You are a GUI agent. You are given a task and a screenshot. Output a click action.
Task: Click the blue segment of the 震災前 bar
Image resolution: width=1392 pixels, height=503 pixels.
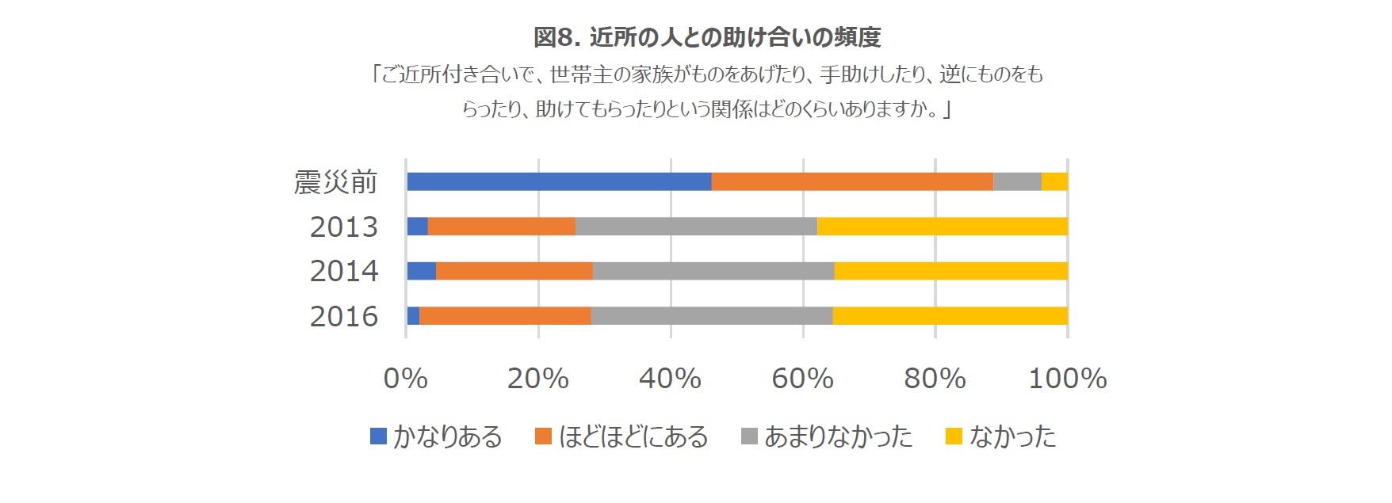click(559, 181)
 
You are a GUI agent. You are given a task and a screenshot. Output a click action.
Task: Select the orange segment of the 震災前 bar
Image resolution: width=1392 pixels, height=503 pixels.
click(852, 181)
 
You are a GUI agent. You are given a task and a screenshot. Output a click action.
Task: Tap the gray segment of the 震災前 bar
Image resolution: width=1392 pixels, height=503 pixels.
click(1017, 181)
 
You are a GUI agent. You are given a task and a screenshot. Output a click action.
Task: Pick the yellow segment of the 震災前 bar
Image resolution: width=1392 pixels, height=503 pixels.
click(1054, 181)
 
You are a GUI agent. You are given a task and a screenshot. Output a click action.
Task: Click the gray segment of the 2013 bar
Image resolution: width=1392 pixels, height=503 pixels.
click(696, 226)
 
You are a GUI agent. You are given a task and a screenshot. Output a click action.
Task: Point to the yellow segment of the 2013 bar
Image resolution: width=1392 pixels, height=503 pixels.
click(942, 226)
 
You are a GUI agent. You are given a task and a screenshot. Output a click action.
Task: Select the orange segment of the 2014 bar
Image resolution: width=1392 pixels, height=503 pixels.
click(514, 271)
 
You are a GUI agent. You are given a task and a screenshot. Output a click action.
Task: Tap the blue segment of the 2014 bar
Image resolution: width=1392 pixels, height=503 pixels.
click(421, 271)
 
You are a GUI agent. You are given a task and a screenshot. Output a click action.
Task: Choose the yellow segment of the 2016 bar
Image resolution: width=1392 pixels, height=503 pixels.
click(950, 315)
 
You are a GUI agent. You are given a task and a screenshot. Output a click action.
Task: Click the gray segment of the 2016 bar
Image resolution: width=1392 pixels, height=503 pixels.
click(711, 315)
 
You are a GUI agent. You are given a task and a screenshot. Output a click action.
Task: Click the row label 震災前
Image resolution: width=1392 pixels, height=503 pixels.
click(335, 182)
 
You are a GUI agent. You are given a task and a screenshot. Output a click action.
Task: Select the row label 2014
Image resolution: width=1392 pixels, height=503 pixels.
click(343, 272)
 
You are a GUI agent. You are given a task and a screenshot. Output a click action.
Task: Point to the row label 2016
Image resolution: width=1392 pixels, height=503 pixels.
click(343, 316)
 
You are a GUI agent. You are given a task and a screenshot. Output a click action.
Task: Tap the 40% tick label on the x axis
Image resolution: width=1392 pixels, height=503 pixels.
click(670, 379)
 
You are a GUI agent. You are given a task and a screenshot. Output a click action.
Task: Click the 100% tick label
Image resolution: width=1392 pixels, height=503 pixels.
click(1067, 379)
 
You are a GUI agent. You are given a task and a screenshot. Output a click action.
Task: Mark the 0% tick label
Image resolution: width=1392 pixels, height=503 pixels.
click(405, 379)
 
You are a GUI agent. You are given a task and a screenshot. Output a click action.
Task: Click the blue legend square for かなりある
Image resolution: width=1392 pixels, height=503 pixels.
click(378, 436)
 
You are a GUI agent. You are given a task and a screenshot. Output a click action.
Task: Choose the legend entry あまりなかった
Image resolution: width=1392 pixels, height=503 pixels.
click(838, 436)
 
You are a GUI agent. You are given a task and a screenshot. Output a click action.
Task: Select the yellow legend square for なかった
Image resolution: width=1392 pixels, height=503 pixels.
click(954, 436)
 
